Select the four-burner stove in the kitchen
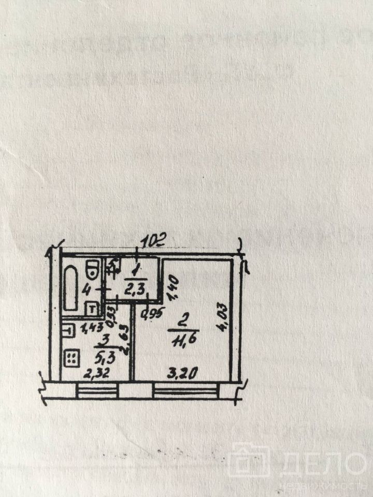71,357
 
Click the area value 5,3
106,356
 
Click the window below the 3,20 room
185,389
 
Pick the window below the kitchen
98,389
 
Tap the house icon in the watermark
251,460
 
